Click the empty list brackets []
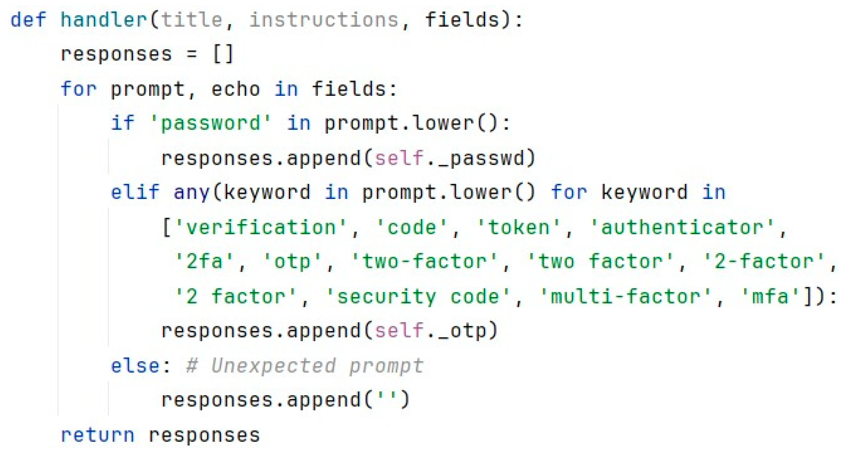click(x=223, y=54)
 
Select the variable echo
click(x=236, y=89)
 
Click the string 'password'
click(x=211, y=123)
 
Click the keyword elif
click(x=135, y=192)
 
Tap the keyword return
click(x=98, y=435)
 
